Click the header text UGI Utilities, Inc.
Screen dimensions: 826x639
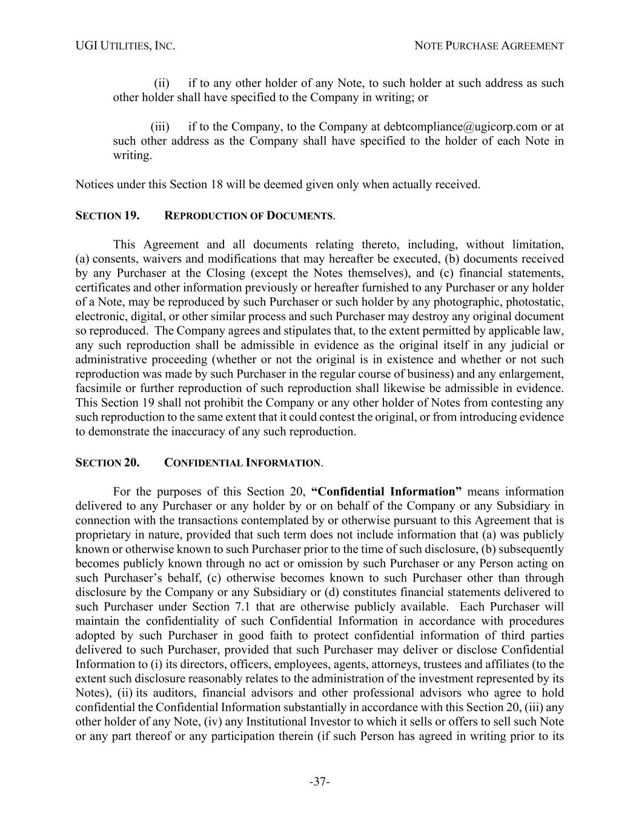tap(125, 46)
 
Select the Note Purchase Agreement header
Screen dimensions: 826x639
tap(489, 46)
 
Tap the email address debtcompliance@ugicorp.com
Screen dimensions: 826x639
tap(460, 126)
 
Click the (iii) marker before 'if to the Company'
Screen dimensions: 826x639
tap(160, 126)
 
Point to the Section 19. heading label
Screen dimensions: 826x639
tap(107, 215)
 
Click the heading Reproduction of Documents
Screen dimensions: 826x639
tap(249, 215)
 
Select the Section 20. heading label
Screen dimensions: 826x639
tap(107, 463)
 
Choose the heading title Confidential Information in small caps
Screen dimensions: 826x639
tap(243, 463)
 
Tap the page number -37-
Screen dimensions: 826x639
tap(319, 782)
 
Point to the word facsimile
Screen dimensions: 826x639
tap(98, 388)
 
